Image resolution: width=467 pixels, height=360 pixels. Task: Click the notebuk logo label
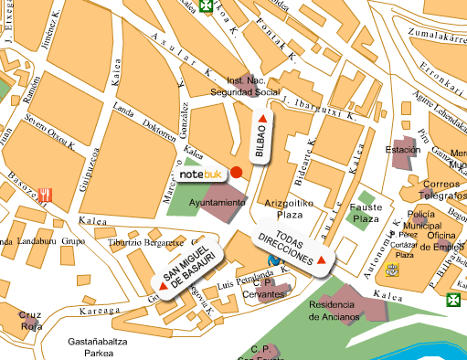[x=200, y=173]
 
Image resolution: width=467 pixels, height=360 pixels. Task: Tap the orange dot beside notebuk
[x=236, y=172]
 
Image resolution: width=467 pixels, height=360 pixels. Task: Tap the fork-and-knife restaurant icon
[x=46, y=195]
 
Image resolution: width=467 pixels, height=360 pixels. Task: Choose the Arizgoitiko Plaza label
[x=282, y=209]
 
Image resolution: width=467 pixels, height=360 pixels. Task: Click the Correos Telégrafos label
[x=421, y=189]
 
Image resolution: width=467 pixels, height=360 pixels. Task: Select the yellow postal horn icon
[x=392, y=270]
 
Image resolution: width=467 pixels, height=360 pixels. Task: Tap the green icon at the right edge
[x=453, y=300]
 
